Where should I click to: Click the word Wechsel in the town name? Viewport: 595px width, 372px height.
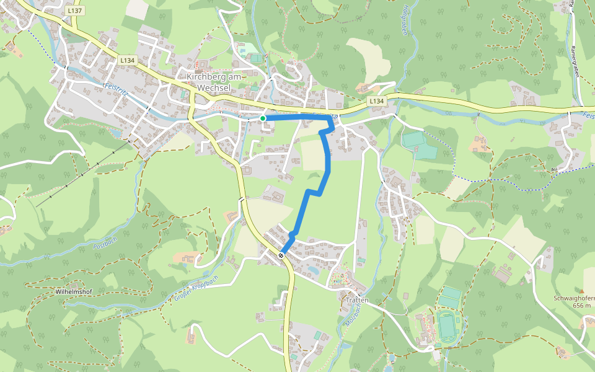(x=214, y=88)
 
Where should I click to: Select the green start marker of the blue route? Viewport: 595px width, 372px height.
(x=263, y=118)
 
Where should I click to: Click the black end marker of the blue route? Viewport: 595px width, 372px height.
(x=281, y=255)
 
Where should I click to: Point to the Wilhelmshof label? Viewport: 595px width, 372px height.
(x=74, y=290)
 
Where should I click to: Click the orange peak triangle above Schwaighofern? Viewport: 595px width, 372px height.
(x=581, y=290)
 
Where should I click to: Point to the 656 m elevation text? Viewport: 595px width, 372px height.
(x=583, y=305)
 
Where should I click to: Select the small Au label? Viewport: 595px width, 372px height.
(x=553, y=169)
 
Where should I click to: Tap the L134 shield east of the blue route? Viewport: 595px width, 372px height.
(x=376, y=100)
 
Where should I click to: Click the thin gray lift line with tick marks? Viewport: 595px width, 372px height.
(x=84, y=175)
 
